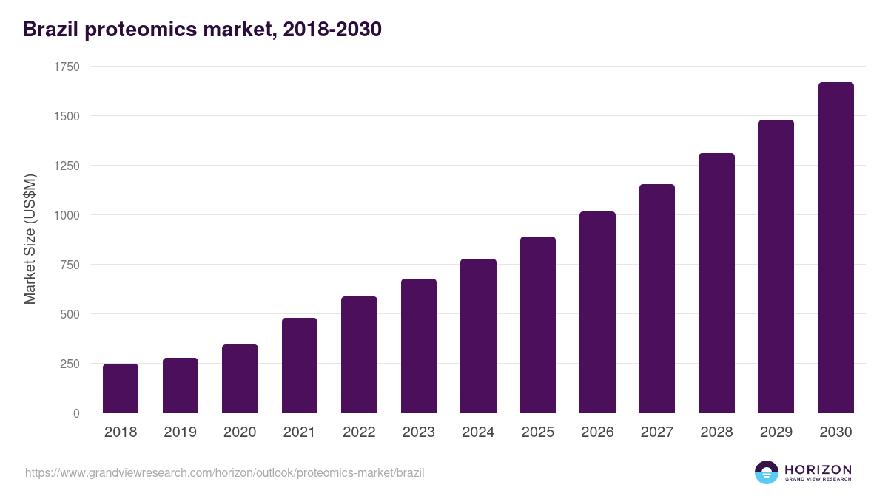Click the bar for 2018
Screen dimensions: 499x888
(121, 388)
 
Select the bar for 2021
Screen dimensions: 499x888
(300, 365)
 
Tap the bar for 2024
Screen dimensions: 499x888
(478, 336)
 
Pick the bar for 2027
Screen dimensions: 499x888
(657, 299)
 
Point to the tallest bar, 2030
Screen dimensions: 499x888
(835, 248)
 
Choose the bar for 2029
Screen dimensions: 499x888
(776, 266)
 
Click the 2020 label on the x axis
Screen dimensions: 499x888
(240, 432)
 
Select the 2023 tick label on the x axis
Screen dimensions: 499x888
(419, 432)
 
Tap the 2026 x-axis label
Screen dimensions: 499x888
(597, 432)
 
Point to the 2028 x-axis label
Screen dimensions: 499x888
(716, 432)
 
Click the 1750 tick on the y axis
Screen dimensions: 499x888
(67, 67)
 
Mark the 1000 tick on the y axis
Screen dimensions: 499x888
(67, 215)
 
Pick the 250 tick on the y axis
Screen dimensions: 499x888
(70, 364)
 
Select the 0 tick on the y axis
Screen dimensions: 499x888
(76, 413)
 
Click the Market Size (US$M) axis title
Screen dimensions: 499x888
(30, 240)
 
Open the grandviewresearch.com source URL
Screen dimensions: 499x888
(225, 472)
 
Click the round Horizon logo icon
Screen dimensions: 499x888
(766, 472)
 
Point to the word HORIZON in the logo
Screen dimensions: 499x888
(818, 469)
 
